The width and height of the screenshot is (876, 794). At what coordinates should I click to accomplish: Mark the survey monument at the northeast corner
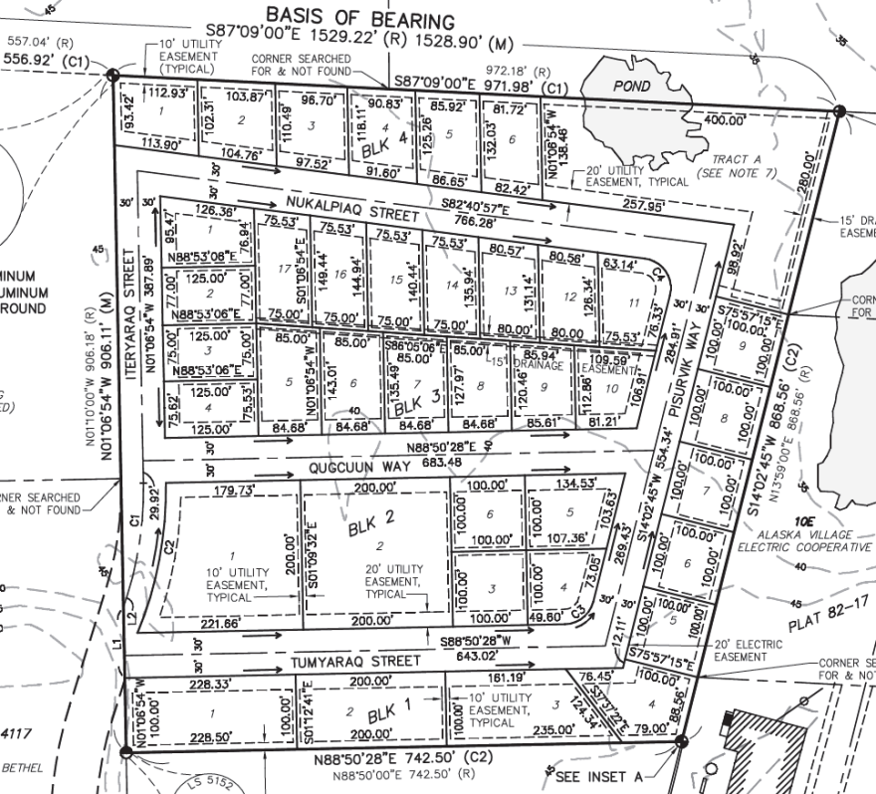coord(838,111)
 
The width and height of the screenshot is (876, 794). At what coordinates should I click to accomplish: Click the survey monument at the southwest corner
coord(124,752)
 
